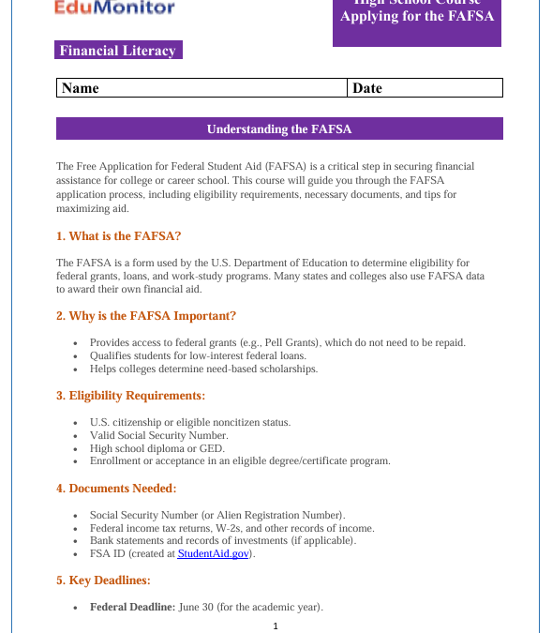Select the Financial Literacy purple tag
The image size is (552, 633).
[x=117, y=51]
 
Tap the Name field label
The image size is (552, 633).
[x=80, y=88]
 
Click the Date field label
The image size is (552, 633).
[x=367, y=88]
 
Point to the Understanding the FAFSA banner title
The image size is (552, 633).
[x=279, y=129]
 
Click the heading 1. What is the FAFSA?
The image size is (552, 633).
[x=118, y=236]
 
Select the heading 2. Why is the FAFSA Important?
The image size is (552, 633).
[x=146, y=316]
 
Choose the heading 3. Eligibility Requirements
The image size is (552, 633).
[x=130, y=396]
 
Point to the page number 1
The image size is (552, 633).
[x=276, y=625]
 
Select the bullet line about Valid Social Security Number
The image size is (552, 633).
[x=158, y=436]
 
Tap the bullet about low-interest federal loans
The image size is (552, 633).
[x=198, y=356]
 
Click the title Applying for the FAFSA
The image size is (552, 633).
[x=417, y=17]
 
